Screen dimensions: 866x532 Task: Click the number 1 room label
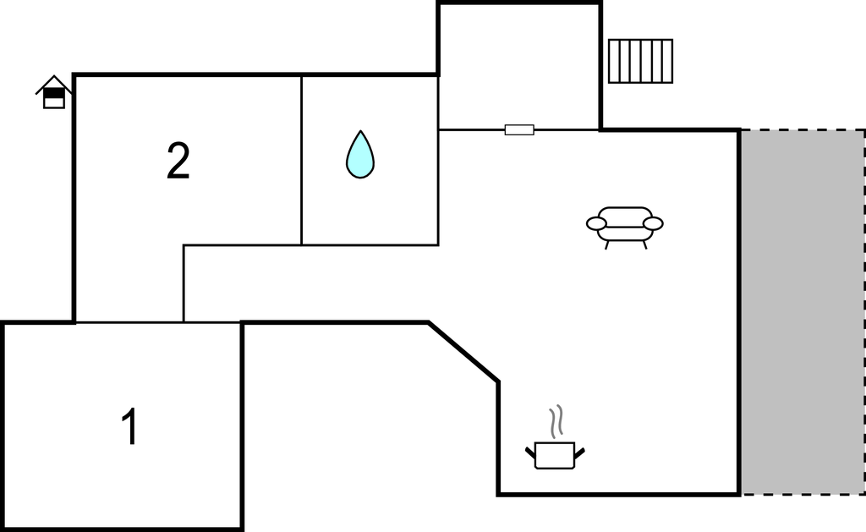pyautogui.click(x=129, y=426)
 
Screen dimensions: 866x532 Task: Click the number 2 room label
pyautogui.click(x=178, y=161)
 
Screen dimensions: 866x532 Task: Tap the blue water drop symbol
pyautogui.click(x=360, y=155)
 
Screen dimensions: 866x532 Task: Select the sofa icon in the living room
pyautogui.click(x=625, y=227)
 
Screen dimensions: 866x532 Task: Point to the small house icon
pyautogui.click(x=53, y=92)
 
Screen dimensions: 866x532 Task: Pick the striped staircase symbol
pyautogui.click(x=641, y=62)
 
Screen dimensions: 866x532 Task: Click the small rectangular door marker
pyautogui.click(x=519, y=129)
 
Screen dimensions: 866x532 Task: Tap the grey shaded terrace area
pyautogui.click(x=803, y=312)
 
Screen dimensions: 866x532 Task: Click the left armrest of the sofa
pyautogui.click(x=596, y=224)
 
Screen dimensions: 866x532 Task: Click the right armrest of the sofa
pyautogui.click(x=654, y=224)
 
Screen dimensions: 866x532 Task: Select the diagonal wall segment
pyautogui.click(x=463, y=351)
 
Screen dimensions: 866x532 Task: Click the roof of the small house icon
pyautogui.click(x=53, y=84)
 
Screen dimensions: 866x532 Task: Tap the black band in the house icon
pyautogui.click(x=54, y=94)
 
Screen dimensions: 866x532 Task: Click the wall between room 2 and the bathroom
pyautogui.click(x=302, y=160)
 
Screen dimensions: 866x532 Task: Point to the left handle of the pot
pyautogui.click(x=530, y=452)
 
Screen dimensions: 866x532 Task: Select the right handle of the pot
pyautogui.click(x=579, y=452)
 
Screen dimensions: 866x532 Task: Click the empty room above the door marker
pyautogui.click(x=519, y=67)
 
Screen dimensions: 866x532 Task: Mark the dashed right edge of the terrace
pyautogui.click(x=864, y=312)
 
